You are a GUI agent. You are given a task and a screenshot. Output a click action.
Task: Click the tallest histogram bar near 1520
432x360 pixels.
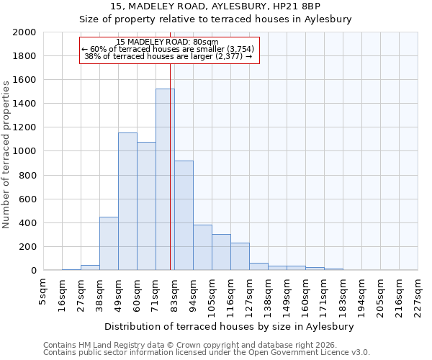[x=165, y=180]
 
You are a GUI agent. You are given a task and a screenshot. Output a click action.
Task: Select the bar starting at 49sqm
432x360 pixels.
[x=127, y=202]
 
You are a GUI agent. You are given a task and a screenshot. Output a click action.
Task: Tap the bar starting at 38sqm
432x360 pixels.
[x=109, y=243]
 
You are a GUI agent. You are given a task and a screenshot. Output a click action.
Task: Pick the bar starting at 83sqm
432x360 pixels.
[x=184, y=216]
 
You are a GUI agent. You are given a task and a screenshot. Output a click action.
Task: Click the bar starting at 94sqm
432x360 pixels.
[x=202, y=248]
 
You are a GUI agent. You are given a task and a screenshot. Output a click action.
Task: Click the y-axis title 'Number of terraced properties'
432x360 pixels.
[x=6, y=155]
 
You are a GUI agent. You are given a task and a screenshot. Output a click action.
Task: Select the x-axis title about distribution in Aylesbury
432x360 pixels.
[x=230, y=326]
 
